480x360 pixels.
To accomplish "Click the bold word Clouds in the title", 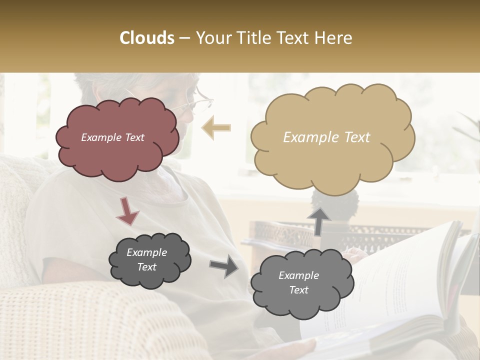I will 147,38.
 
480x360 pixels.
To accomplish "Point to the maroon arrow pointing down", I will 127,210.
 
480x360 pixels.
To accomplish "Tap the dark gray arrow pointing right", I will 223,265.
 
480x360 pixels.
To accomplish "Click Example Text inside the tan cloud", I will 326,137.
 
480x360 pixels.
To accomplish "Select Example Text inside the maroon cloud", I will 112,137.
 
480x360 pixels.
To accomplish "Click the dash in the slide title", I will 184,38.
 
